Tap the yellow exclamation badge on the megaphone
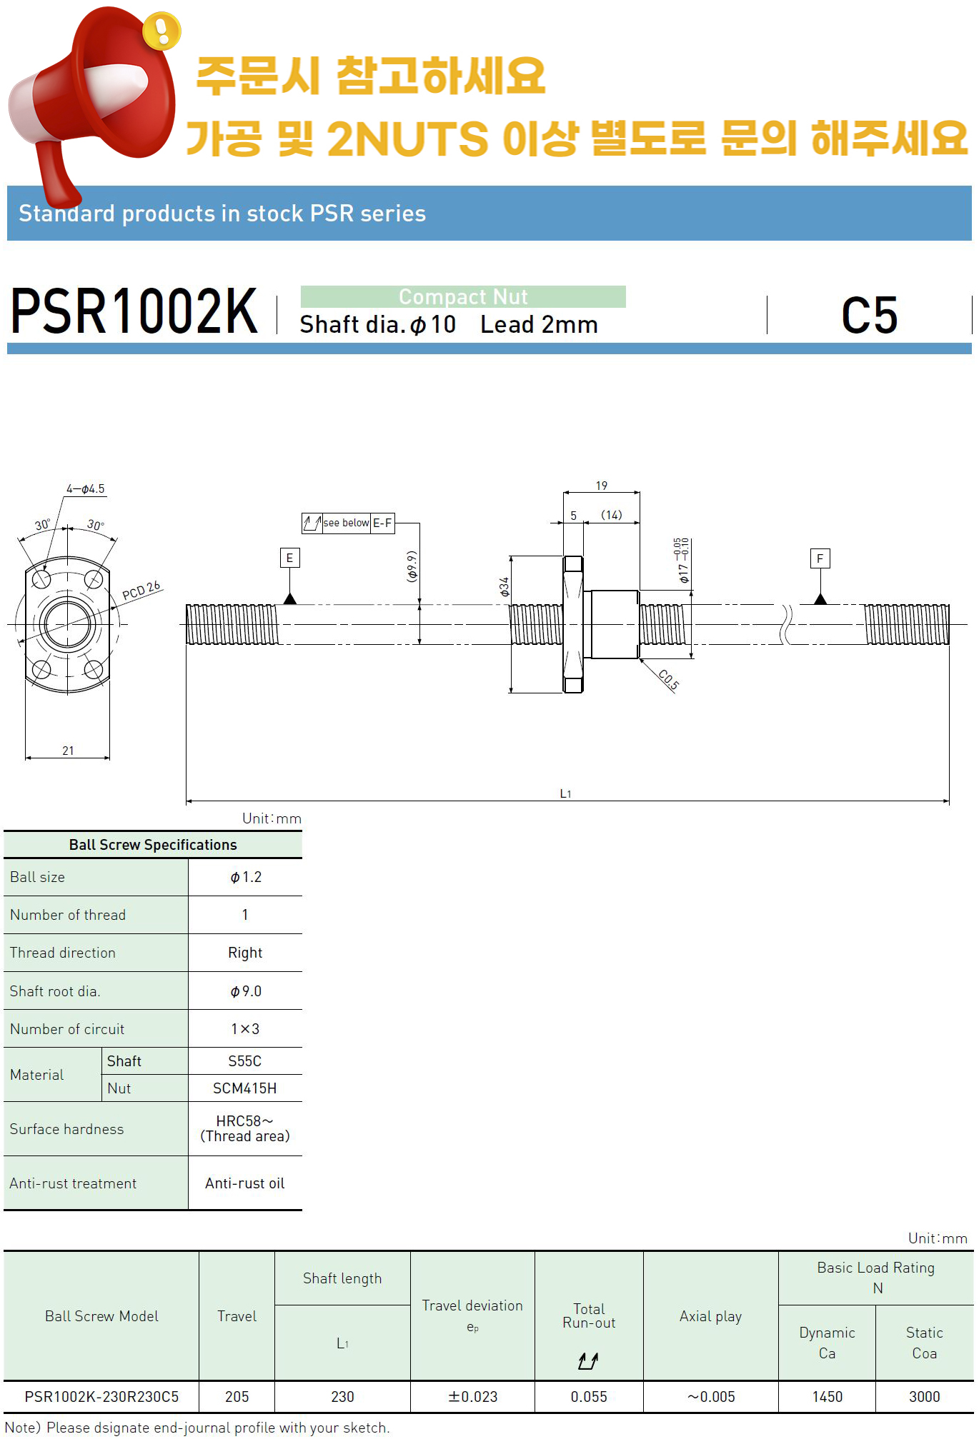pyautogui.click(x=161, y=31)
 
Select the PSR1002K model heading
pyautogui.click(x=134, y=311)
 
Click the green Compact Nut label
pyautogui.click(x=463, y=296)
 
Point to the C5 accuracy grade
pyautogui.click(x=869, y=316)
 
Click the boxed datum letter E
pyautogui.click(x=289, y=558)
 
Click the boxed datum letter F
pyautogui.click(x=820, y=558)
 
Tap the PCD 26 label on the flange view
pyautogui.click(x=141, y=591)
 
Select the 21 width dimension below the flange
pyautogui.click(x=68, y=751)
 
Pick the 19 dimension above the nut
pyautogui.click(x=602, y=486)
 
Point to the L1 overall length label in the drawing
pyautogui.click(x=565, y=793)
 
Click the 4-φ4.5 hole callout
pyautogui.click(x=86, y=489)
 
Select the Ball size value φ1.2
pyautogui.click(x=245, y=877)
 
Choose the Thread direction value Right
pyautogui.click(x=245, y=953)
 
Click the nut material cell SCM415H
pyautogui.click(x=245, y=1088)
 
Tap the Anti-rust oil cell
pyautogui.click(x=245, y=1183)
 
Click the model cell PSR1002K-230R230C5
pyautogui.click(x=101, y=1397)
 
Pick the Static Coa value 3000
pyautogui.click(x=924, y=1397)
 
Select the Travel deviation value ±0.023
pyautogui.click(x=472, y=1397)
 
